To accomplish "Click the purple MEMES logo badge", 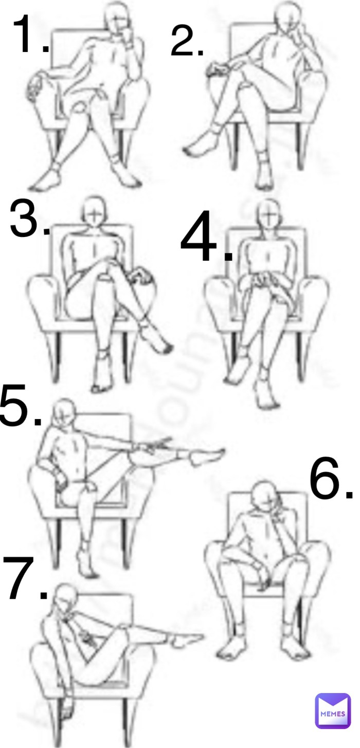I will click(x=332, y=710).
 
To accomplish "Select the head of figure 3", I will click(x=93, y=209).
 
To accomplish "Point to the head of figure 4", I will click(x=267, y=212).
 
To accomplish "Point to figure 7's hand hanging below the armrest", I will click(x=66, y=710).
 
